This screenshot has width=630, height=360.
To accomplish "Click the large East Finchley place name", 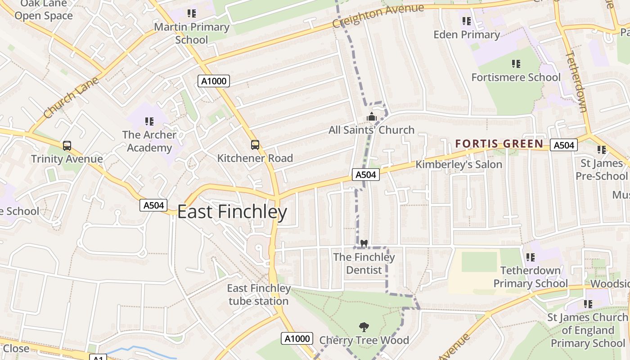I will pyautogui.click(x=232, y=212).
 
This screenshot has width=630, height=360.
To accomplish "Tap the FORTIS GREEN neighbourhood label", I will pyautogui.click(x=499, y=144).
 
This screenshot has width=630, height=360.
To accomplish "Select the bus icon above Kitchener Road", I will pyautogui.click(x=255, y=145).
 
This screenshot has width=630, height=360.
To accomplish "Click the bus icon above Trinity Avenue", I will pyautogui.click(x=67, y=146).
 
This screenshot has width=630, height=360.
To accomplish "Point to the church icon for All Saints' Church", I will pyautogui.click(x=371, y=117).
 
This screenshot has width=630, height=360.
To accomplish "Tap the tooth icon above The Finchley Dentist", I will pyautogui.click(x=364, y=243).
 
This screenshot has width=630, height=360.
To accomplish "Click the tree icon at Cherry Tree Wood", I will pyautogui.click(x=364, y=327).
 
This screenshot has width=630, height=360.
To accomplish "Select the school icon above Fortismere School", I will pyautogui.click(x=516, y=64).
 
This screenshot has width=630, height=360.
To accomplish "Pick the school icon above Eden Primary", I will pyautogui.click(x=467, y=21).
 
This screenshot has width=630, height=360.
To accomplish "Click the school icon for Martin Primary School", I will pyautogui.click(x=192, y=13).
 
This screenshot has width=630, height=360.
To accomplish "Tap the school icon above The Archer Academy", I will pyautogui.click(x=149, y=121).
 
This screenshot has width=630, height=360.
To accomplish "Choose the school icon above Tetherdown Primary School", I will pyautogui.click(x=531, y=257).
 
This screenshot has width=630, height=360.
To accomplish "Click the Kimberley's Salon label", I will pyautogui.click(x=459, y=165).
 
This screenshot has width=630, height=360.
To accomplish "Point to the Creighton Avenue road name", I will pyautogui.click(x=378, y=16).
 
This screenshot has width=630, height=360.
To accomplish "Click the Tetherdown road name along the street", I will pyautogui.click(x=576, y=81).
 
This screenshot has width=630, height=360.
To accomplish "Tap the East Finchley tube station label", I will pyautogui.click(x=259, y=295).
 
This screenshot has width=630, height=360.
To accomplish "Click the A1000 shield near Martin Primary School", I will pyautogui.click(x=214, y=81).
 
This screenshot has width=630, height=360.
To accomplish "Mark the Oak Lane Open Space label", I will pyautogui.click(x=44, y=10).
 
